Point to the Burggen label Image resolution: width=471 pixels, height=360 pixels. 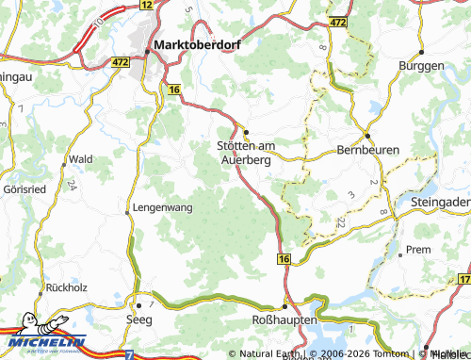coord(420,66)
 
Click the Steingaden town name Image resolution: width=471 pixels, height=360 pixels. coord(440,201)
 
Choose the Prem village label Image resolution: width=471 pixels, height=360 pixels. coord(416,250)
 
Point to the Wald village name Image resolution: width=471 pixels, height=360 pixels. coord(80,159)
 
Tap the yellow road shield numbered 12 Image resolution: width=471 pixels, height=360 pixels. coord(145,6)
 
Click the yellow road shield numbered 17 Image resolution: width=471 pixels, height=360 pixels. coord(463,280)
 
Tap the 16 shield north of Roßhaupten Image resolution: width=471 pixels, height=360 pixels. coord(283,256)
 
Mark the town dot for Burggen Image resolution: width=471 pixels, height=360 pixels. coord(420,52)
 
